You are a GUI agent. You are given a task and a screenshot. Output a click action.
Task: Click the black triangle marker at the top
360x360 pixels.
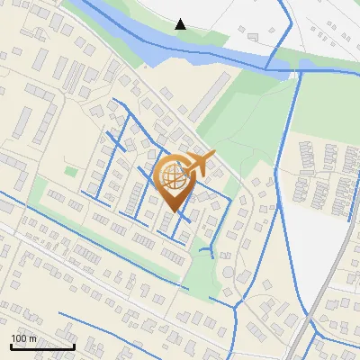pos(181,23)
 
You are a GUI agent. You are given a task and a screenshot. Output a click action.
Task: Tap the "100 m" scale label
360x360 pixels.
pos(23,338)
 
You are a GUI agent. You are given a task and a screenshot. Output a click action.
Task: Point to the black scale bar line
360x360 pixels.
pos(42,346)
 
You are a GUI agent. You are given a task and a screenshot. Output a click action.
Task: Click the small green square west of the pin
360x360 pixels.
pos(71,171)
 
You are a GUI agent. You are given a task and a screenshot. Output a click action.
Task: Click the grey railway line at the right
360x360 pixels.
pos(333,270)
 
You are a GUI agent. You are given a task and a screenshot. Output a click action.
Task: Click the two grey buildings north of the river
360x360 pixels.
pos(247,35)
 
